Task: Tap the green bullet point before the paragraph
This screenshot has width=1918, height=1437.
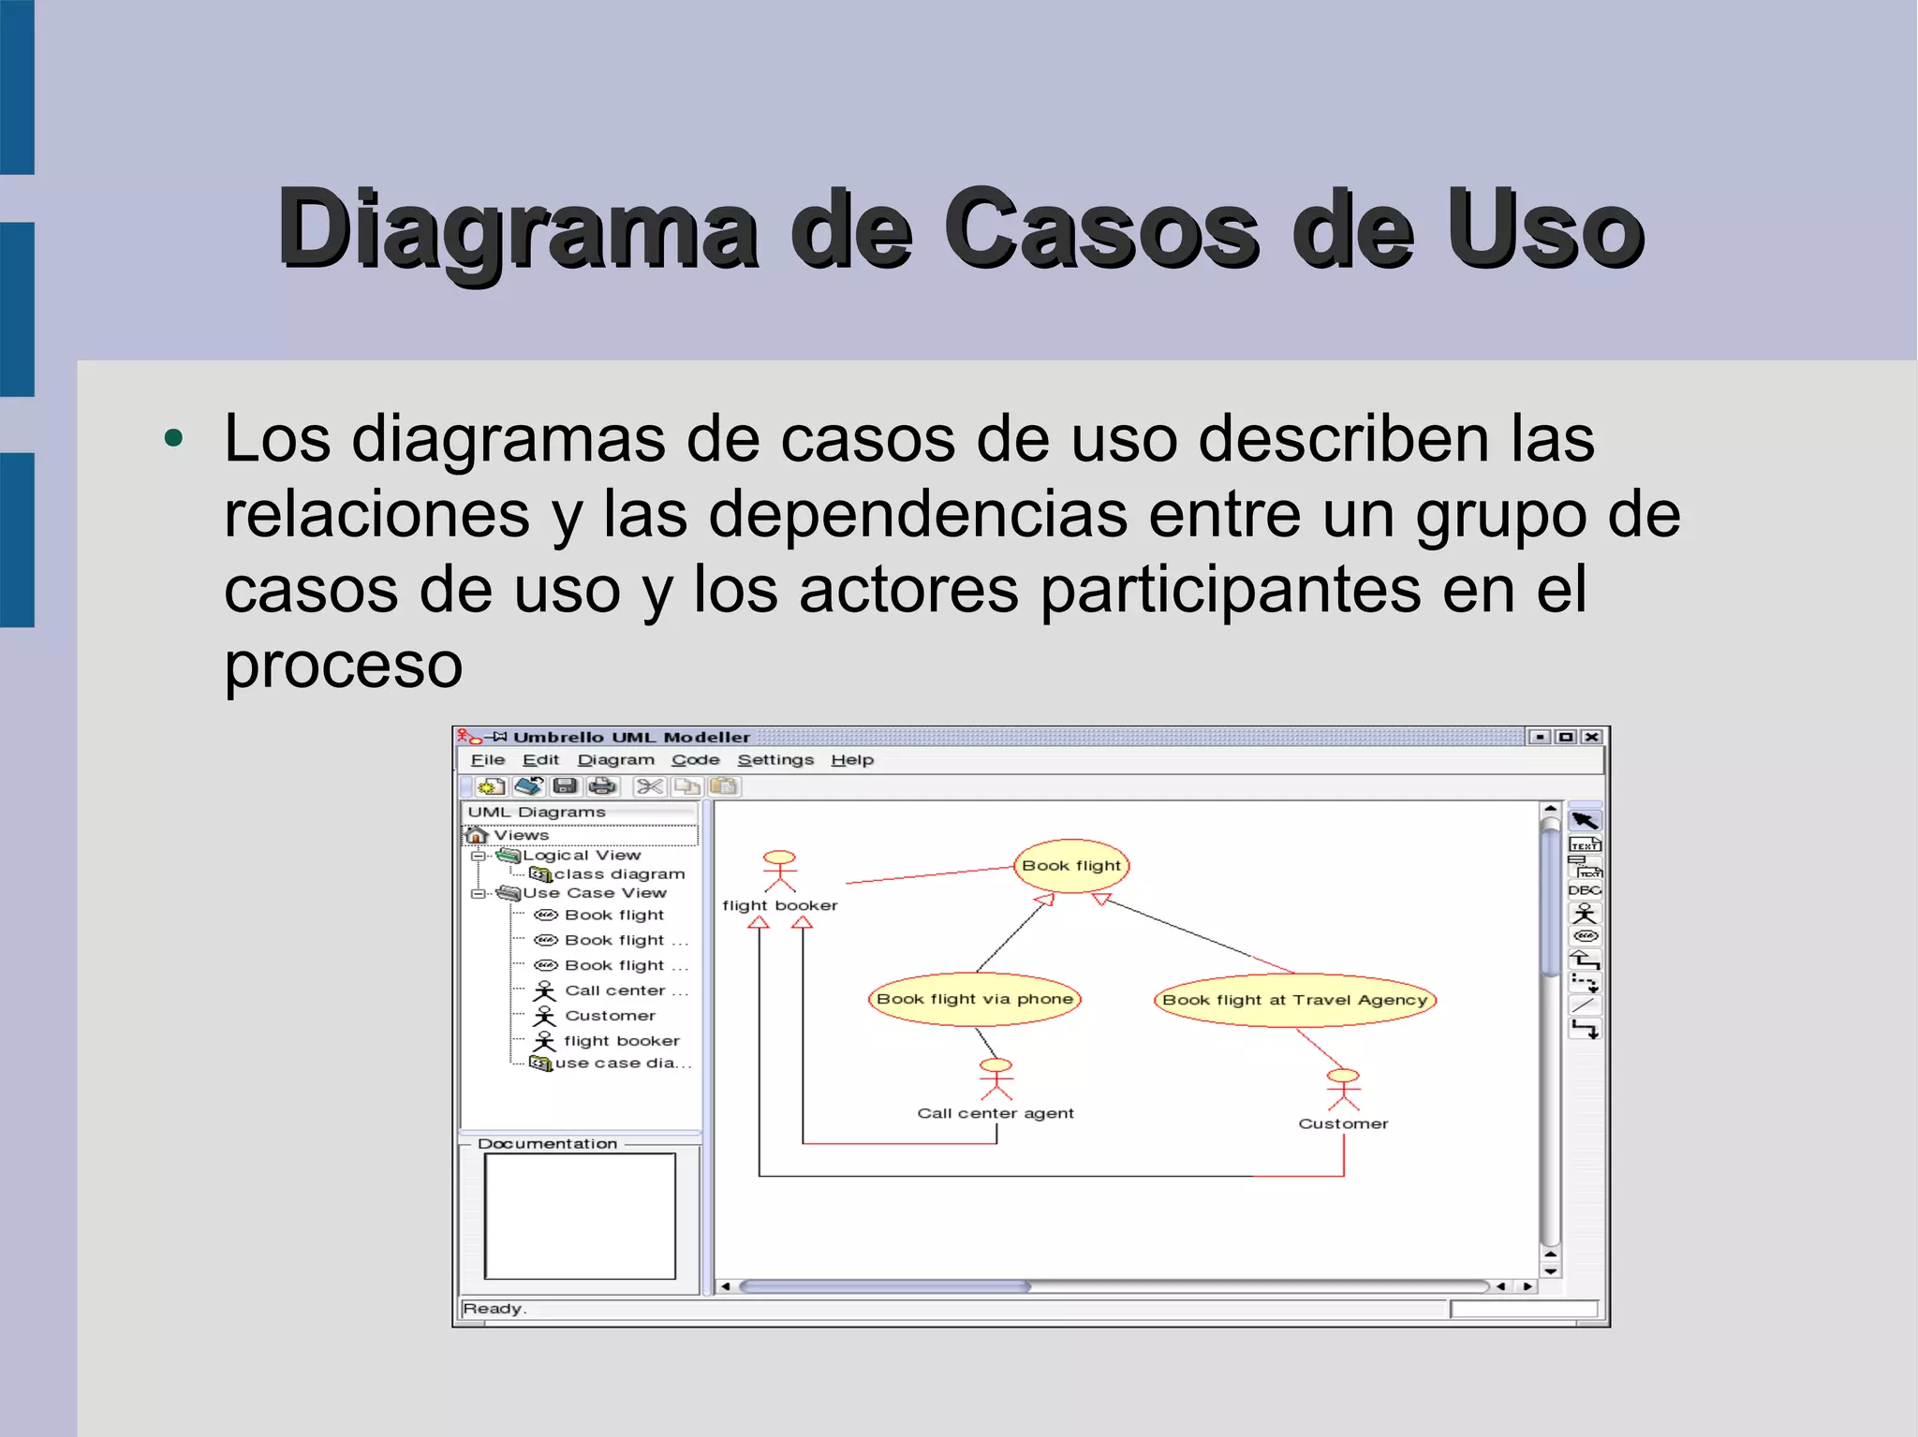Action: [x=173, y=438]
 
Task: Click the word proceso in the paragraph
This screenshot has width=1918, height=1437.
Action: [x=343, y=666]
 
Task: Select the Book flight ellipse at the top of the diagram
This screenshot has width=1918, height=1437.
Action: [x=1070, y=865]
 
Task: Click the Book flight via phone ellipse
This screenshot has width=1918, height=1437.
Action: [x=974, y=999]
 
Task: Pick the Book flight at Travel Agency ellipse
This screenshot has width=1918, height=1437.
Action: [x=1294, y=1000]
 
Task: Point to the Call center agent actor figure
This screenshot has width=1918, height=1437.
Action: [x=996, y=1078]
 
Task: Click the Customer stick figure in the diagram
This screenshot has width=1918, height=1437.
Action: [x=1342, y=1089]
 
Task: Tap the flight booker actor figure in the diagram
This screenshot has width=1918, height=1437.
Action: [x=779, y=871]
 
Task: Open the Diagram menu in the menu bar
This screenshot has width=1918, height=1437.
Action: [x=615, y=760]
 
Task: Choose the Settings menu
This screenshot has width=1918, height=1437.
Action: [x=775, y=760]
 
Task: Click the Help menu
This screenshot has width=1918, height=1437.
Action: [x=851, y=760]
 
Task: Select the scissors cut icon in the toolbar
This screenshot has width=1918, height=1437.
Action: [x=649, y=786]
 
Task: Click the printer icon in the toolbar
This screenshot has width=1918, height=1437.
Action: [x=602, y=786]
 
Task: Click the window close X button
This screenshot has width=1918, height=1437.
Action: [x=1591, y=737]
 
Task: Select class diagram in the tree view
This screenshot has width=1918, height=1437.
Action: [x=618, y=874]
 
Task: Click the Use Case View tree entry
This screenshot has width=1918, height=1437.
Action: [x=594, y=893]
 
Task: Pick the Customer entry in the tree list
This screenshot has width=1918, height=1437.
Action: [x=610, y=1016]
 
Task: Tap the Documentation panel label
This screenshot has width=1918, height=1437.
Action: [x=547, y=1144]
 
